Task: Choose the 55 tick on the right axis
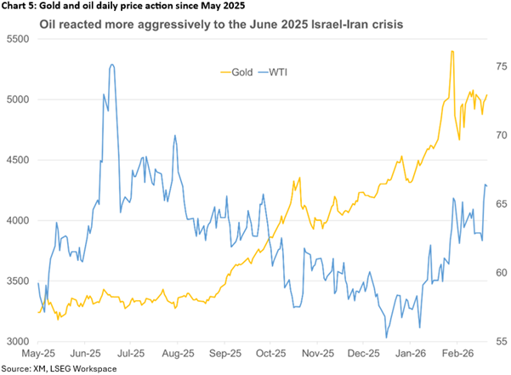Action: (496, 341)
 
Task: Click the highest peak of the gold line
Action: (451, 52)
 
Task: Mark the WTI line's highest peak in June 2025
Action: (112, 65)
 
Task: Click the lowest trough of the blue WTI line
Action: (386, 338)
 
